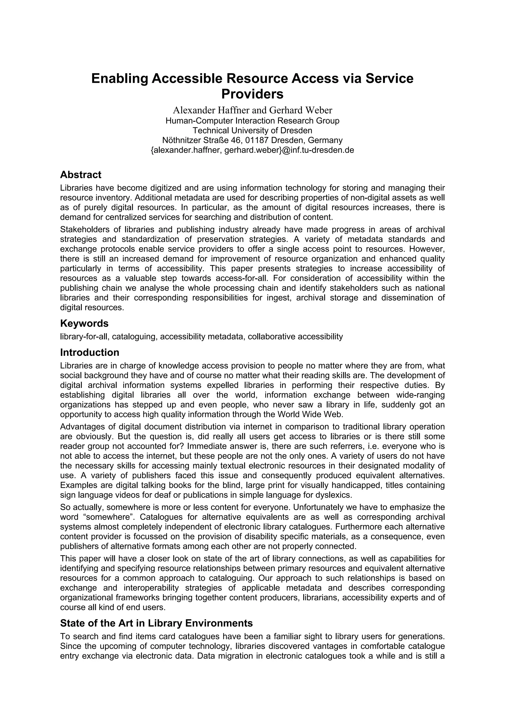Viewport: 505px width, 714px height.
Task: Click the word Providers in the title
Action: click(x=252, y=94)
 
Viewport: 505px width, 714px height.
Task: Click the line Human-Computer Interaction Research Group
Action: click(x=252, y=121)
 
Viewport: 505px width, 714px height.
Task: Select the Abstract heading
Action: click(x=81, y=175)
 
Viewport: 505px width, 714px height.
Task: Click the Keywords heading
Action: click(x=84, y=323)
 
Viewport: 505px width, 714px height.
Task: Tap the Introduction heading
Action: click(x=90, y=352)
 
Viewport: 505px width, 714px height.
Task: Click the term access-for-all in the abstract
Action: click(x=241, y=278)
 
